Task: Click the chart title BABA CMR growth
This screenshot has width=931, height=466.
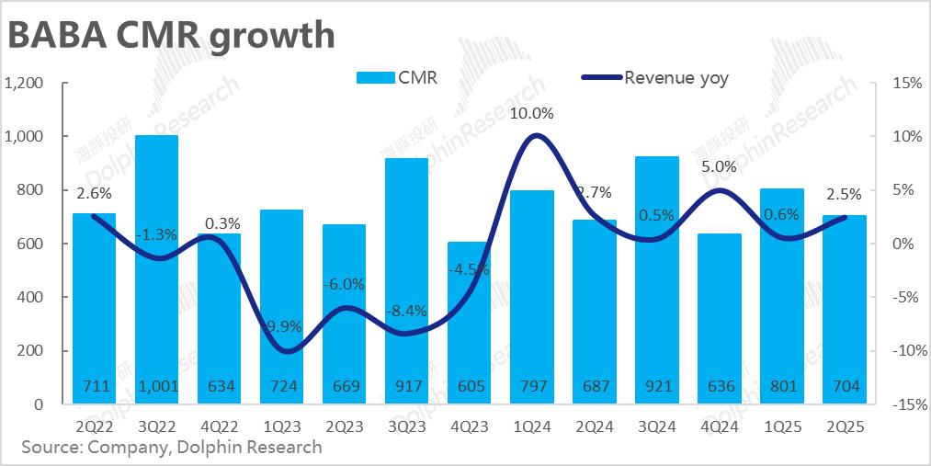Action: (x=171, y=34)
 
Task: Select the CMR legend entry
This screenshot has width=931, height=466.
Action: (x=396, y=78)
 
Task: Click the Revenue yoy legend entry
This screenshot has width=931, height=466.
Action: (x=655, y=78)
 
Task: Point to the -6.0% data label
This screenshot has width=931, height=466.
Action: (x=344, y=284)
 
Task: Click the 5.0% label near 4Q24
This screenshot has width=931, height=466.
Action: (x=719, y=167)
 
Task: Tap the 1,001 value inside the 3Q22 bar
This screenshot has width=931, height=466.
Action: (x=156, y=386)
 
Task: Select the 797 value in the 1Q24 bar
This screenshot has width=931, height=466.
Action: (x=531, y=386)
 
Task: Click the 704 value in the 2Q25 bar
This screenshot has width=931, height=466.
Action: (x=844, y=386)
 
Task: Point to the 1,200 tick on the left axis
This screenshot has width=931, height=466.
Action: (x=25, y=83)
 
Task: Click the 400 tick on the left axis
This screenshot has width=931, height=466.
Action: (x=31, y=297)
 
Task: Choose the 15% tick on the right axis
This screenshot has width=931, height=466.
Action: (x=907, y=83)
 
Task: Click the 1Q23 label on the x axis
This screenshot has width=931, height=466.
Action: (x=281, y=426)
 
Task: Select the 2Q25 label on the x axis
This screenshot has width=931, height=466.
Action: (x=844, y=426)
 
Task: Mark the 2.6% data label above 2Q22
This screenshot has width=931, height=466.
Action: (x=94, y=193)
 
